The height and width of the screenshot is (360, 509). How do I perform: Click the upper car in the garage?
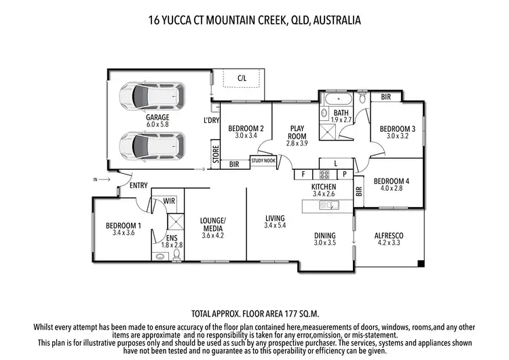coord(151,97)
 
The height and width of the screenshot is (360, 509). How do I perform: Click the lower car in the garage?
coord(151,145)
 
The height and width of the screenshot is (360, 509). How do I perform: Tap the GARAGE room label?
coord(157,118)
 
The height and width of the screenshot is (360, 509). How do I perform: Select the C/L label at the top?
coord(242,79)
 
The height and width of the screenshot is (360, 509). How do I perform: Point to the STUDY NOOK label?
coord(263,161)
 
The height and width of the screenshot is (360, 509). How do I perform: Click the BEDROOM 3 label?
coord(397,129)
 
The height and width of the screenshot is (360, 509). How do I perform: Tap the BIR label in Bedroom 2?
coord(235,164)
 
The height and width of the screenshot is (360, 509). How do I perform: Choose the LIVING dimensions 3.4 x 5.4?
coord(274,226)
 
